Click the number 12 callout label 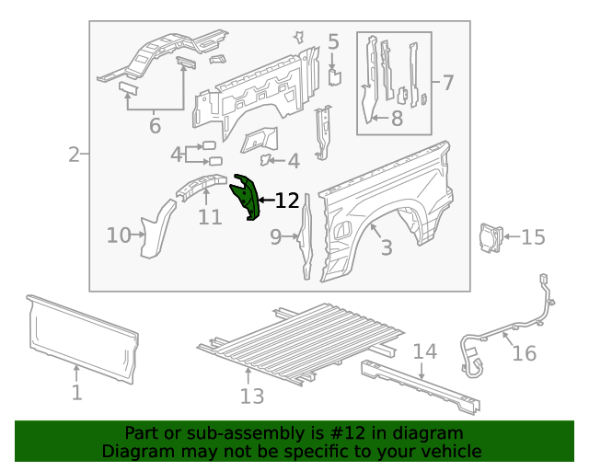tap(287, 201)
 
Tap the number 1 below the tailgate tap(76, 393)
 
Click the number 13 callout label tap(251, 396)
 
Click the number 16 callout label tap(524, 353)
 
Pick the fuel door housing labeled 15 tap(488, 236)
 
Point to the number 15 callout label tap(533, 237)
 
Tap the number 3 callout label tap(387, 247)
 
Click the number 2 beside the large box tap(74, 155)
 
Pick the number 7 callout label tap(448, 83)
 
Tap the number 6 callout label tap(154, 126)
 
